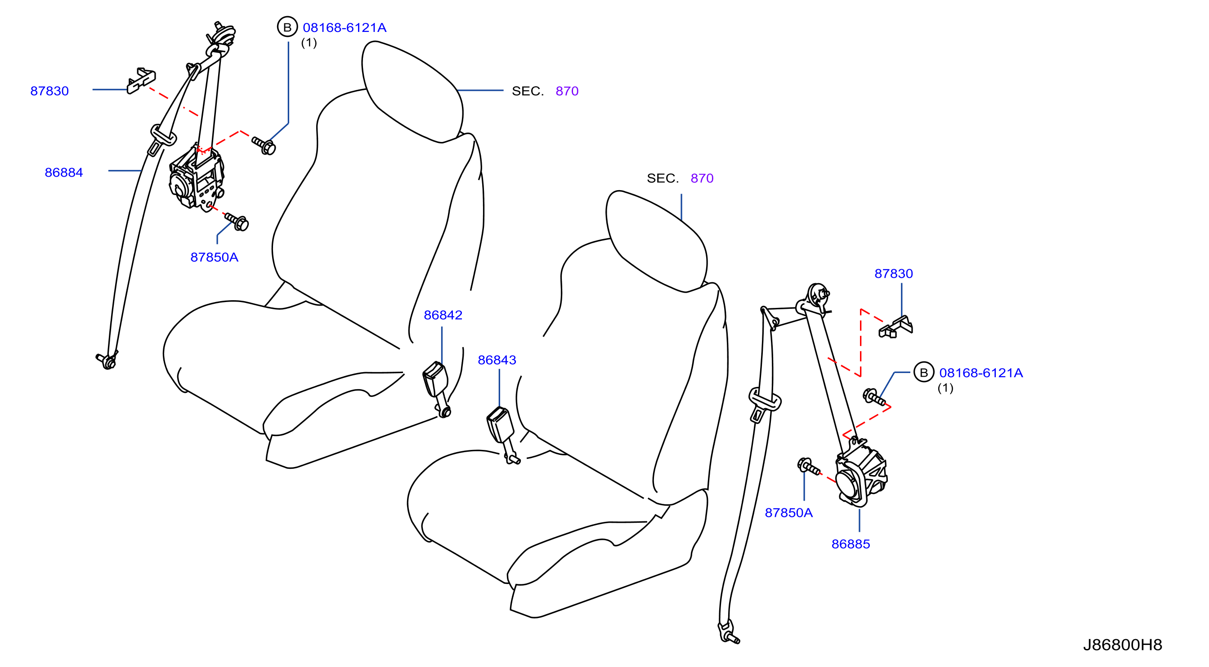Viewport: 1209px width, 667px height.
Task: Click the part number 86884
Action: [64, 173]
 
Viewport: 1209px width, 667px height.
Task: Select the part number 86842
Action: [443, 315]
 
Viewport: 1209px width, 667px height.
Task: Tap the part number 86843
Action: [497, 360]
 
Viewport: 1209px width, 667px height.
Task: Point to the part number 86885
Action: [851, 544]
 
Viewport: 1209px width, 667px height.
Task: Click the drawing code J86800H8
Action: [1123, 645]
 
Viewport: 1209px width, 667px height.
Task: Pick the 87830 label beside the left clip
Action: [50, 91]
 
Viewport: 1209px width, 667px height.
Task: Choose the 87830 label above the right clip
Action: [894, 274]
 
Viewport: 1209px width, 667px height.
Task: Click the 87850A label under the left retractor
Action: [215, 258]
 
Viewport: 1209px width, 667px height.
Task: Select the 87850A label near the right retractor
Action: [789, 513]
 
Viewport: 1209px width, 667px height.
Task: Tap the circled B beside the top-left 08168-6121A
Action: [287, 27]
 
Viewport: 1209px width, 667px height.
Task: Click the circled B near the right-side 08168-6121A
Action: [924, 373]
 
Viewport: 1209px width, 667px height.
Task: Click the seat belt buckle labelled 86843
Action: [501, 434]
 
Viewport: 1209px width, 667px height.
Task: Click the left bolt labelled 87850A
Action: [237, 222]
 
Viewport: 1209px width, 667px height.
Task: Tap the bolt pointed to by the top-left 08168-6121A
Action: [264, 146]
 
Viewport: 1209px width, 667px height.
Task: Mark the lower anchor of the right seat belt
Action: [728, 633]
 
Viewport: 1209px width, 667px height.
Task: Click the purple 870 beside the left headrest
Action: [567, 91]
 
